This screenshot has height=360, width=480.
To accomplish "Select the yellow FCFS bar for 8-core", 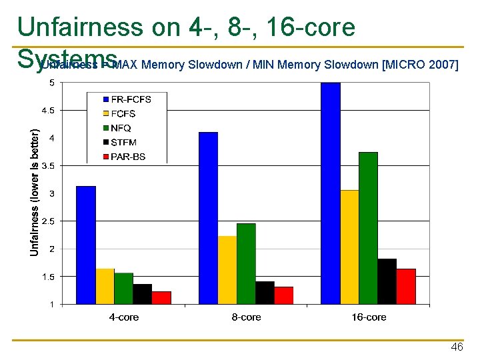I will pyautogui.click(x=227, y=270).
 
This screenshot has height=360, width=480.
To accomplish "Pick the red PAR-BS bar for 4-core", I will pyautogui.click(x=161, y=297).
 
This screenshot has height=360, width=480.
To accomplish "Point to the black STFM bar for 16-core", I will pyautogui.click(x=387, y=281).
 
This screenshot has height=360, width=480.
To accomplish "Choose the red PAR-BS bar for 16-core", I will pyautogui.click(x=405, y=286).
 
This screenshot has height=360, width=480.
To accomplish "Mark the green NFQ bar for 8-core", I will pyautogui.click(x=246, y=263).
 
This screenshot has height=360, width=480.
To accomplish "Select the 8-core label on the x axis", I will pyautogui.click(x=246, y=317).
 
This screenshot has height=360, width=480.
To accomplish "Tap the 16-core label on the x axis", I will pyautogui.click(x=369, y=317).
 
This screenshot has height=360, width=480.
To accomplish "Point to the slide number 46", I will pyautogui.click(x=457, y=347).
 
